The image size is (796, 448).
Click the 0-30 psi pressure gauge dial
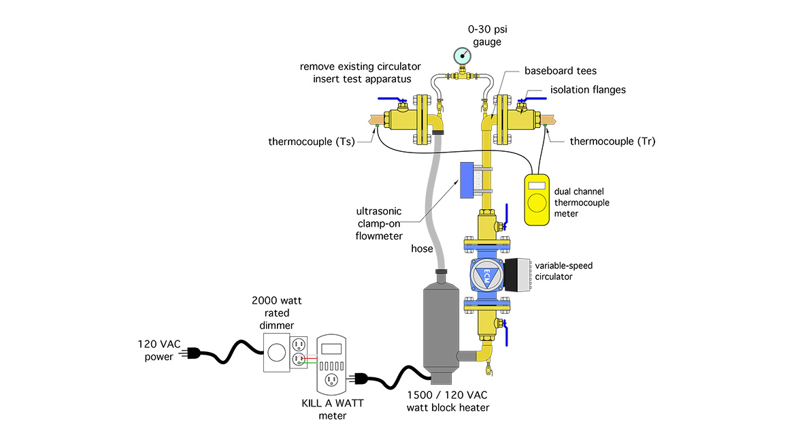click(462, 56)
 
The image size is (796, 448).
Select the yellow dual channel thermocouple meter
click(537, 199)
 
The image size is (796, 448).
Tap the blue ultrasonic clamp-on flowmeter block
click(467, 181)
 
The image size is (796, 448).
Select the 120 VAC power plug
click(198, 352)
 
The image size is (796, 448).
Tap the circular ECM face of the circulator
click(487, 276)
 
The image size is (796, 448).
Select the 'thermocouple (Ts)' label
click(311, 142)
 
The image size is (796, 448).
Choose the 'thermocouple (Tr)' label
click(612, 142)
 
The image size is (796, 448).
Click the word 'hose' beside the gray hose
click(422, 249)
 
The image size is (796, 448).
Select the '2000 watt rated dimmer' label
click(273, 313)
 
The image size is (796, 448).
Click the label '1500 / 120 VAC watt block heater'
click(448, 401)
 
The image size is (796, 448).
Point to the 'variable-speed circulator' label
click(563, 270)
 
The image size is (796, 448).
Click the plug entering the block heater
click(359, 379)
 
